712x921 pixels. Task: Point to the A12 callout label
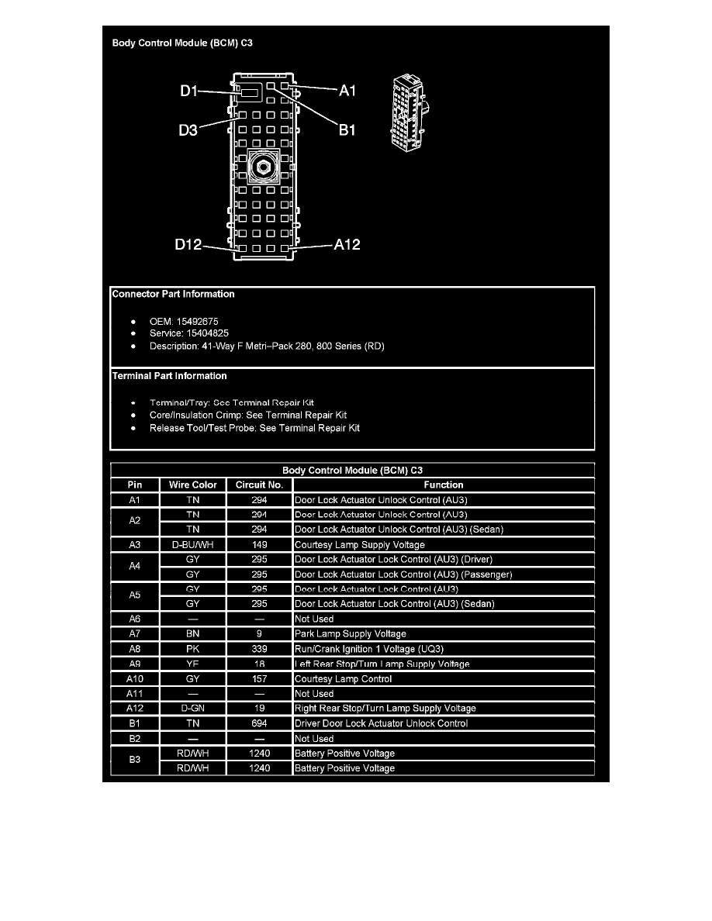coord(347,245)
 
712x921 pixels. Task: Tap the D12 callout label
coord(188,246)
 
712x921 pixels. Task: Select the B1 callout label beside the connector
coord(347,130)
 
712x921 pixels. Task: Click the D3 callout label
coord(188,130)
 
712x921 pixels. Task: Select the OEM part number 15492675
coord(197,320)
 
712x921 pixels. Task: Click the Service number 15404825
coord(202,333)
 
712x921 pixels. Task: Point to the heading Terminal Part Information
coord(170,376)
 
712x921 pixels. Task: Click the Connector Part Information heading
coord(173,294)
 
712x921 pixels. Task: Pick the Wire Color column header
coord(192,485)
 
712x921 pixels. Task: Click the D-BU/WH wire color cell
coord(192,544)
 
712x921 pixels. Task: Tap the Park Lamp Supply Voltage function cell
coord(351,634)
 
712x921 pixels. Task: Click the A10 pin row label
coord(135,679)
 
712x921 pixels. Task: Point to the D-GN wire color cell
coord(192,709)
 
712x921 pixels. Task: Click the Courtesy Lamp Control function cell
coord(344,679)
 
